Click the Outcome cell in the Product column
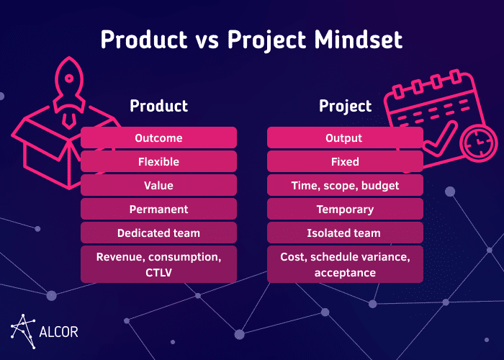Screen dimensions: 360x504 (158, 138)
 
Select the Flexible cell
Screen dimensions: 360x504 (158, 161)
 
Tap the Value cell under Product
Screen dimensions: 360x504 (158, 185)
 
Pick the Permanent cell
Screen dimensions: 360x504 (158, 209)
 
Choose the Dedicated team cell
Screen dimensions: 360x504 (158, 233)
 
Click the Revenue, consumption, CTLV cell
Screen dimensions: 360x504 (158, 264)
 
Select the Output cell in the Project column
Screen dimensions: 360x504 (345, 138)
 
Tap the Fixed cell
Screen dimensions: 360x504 (345, 161)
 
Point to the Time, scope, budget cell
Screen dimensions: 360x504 (345, 185)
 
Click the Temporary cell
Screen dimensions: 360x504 (345, 209)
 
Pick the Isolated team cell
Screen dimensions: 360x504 (345, 233)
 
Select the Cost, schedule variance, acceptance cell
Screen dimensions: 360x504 (345, 264)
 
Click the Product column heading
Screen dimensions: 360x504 (158, 106)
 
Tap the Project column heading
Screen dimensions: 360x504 (346, 106)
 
